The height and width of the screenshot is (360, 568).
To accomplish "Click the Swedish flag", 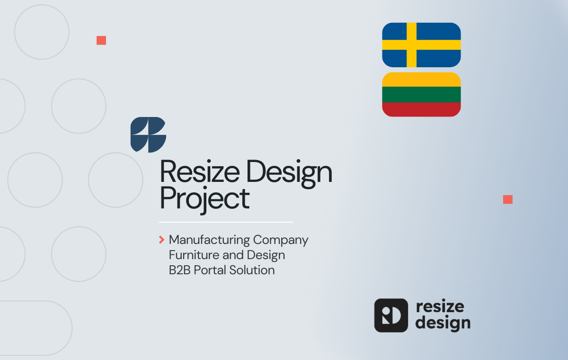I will point(421,45).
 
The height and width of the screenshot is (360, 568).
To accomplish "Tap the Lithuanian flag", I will point(421,94).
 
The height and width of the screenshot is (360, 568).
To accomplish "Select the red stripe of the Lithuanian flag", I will point(421,109).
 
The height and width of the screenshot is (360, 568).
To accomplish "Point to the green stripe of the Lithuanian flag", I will point(421,94).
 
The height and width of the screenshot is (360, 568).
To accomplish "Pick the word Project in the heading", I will point(204,199).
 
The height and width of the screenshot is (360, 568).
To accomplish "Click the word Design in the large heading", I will point(289,173).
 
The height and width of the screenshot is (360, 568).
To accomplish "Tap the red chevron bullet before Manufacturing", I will point(162,240).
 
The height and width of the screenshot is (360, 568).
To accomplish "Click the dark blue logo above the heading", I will point(148,135).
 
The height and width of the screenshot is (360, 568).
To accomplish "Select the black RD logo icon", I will point(391,315).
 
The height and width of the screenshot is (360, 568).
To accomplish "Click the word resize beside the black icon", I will point(440,306).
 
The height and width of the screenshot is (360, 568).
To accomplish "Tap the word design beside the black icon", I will point(443,324).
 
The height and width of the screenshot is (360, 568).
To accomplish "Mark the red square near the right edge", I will point(508,199).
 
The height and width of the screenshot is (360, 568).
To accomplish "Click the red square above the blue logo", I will point(101,40).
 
